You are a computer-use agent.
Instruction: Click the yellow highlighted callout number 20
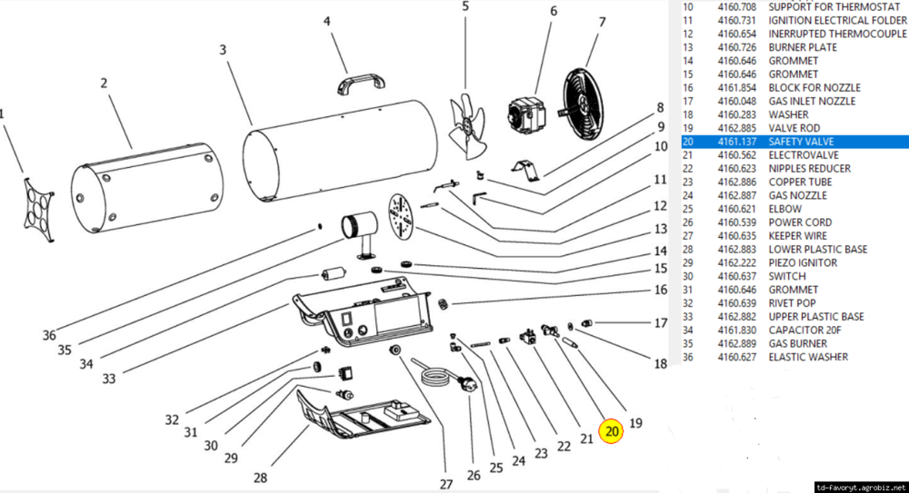tap(612, 432)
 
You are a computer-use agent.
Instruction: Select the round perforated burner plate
tap(401, 215)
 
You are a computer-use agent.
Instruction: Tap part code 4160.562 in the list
tap(736, 155)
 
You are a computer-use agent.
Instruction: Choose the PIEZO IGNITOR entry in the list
tap(803, 262)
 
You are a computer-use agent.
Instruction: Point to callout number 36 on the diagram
tap(49, 335)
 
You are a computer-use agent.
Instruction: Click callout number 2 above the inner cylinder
tap(104, 84)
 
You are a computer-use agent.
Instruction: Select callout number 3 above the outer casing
tap(223, 49)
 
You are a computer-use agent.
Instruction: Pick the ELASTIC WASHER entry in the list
tap(808, 357)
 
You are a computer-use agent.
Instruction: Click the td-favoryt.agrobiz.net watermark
tap(860, 486)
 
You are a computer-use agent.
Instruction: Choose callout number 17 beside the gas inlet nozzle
tap(661, 322)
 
